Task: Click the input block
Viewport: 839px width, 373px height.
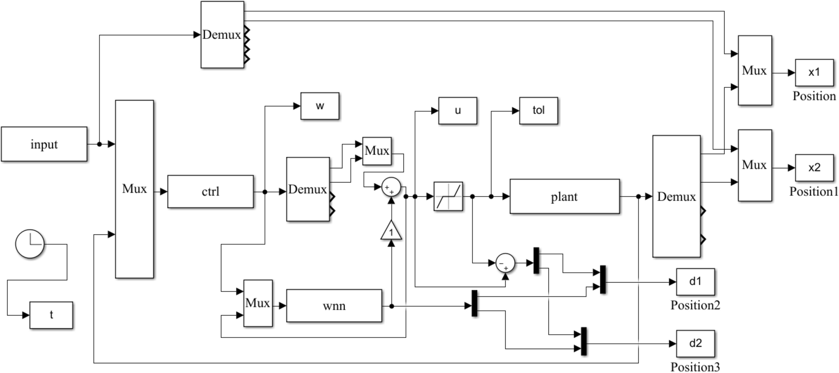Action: pyautogui.click(x=44, y=144)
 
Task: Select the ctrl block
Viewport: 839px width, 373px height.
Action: pyautogui.click(x=210, y=192)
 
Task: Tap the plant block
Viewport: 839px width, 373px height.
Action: pyautogui.click(x=564, y=197)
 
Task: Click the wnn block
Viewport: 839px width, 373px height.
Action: pyautogui.click(x=334, y=306)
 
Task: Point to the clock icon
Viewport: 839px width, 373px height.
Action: pyautogui.click(x=30, y=244)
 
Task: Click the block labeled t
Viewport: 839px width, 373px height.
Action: pyautogui.click(x=51, y=315)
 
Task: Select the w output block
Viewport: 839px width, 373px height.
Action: pyautogui.click(x=320, y=106)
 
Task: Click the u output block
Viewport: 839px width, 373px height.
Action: pyautogui.click(x=457, y=111)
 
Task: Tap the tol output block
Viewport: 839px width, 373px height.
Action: pyautogui.click(x=538, y=111)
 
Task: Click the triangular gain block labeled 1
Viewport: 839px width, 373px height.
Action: pyautogui.click(x=391, y=231)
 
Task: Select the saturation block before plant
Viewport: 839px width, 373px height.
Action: pyautogui.click(x=448, y=196)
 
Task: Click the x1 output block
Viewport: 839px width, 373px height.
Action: pyautogui.click(x=814, y=73)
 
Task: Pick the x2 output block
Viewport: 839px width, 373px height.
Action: pyautogui.click(x=814, y=168)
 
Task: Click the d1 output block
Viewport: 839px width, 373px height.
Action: pyautogui.click(x=695, y=282)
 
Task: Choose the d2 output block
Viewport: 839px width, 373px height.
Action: pyautogui.click(x=695, y=343)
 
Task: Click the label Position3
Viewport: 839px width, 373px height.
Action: pyautogui.click(x=695, y=367)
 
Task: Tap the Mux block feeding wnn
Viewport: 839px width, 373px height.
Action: pyautogui.click(x=258, y=303)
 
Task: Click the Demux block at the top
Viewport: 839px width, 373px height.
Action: pyautogui.click(x=222, y=35)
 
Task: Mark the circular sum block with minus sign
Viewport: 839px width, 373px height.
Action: pyautogui.click(x=505, y=263)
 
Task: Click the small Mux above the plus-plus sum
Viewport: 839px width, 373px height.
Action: pyautogui.click(x=377, y=151)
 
